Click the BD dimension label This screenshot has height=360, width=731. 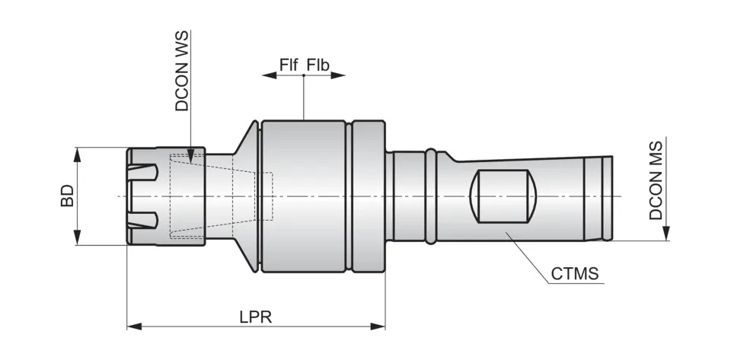(67, 196)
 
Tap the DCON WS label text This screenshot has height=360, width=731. (182, 71)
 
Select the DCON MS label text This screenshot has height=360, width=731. (656, 180)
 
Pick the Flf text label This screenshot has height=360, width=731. (289, 65)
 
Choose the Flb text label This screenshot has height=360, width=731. (318, 65)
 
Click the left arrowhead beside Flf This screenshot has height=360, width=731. (267, 75)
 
